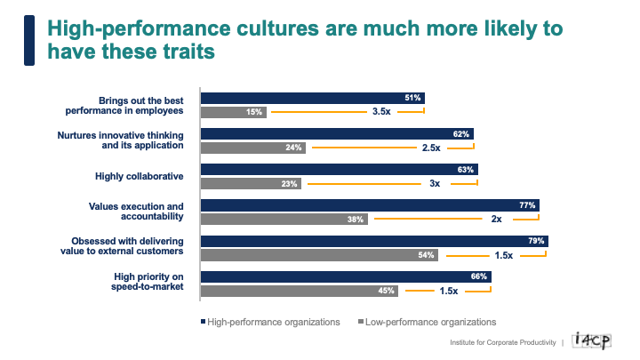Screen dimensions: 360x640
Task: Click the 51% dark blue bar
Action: pos(312,98)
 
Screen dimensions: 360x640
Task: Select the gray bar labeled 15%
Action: pos(233,112)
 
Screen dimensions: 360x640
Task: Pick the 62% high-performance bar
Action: pos(337,133)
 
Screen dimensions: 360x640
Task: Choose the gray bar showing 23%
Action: pos(251,183)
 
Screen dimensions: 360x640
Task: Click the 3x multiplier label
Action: pos(436,183)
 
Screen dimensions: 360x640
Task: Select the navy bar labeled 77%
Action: pos(369,204)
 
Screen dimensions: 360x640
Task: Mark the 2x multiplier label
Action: pos(496,219)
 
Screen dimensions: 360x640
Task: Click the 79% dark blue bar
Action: pos(373,240)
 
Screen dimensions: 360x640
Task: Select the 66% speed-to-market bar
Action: pos(345,276)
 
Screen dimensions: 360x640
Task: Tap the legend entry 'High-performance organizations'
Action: pos(273,322)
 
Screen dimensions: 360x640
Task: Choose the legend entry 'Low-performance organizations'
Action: pos(431,322)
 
